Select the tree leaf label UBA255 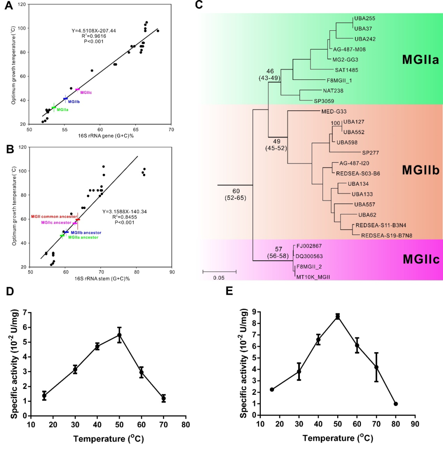(364, 18)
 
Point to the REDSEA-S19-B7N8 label (383, 235)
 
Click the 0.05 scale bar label (219, 278)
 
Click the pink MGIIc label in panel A (86, 93)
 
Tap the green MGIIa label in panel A (62, 110)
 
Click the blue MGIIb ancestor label (86, 232)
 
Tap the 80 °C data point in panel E (396, 404)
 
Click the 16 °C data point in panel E (272, 389)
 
